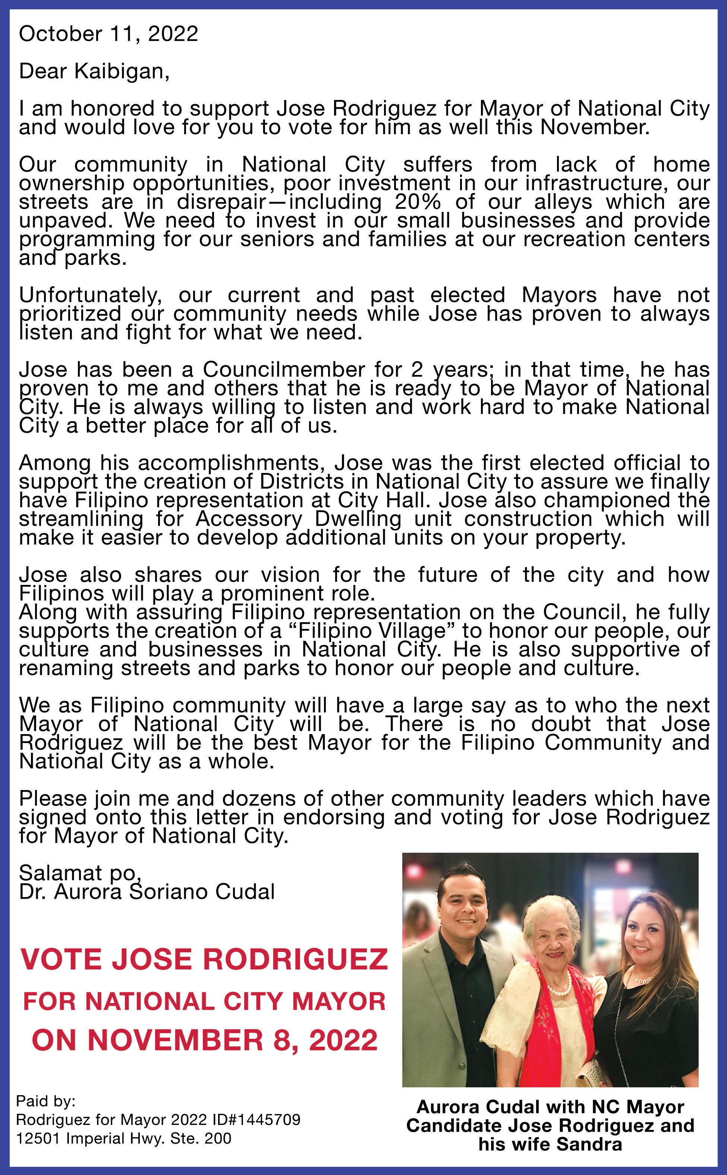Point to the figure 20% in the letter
(x=415, y=202)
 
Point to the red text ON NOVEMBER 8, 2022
(x=204, y=1040)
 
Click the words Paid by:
(x=46, y=1102)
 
